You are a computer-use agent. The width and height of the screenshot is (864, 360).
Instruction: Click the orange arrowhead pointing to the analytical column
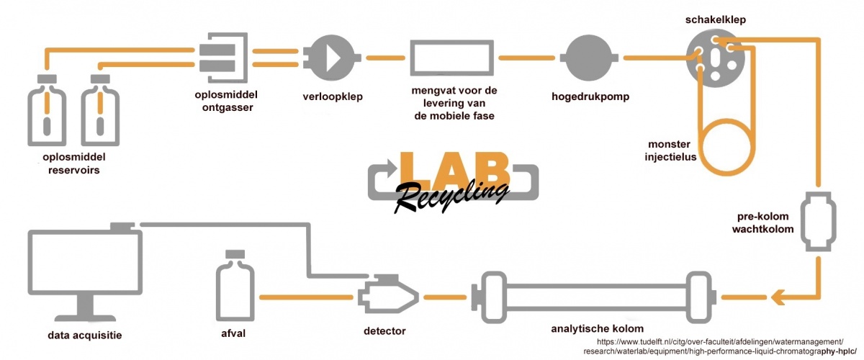pyautogui.click(x=779, y=295)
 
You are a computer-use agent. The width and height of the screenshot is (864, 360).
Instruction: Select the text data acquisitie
pyautogui.click(x=85, y=334)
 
